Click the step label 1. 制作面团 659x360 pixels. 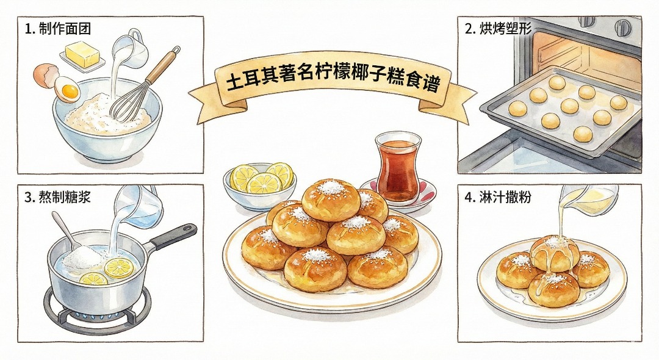pos(58,29)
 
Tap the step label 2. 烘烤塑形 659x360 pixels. pos(498,29)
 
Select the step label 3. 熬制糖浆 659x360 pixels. pos(57,196)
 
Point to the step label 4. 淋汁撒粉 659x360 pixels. pos(498,196)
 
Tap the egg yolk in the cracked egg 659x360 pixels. pos(70,91)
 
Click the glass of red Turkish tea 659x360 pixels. pos(397,167)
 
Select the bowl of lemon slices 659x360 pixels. pos(259,186)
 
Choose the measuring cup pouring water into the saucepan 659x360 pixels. pos(139,206)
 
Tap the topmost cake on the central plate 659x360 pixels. pos(331,200)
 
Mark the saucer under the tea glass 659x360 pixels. pos(397,195)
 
